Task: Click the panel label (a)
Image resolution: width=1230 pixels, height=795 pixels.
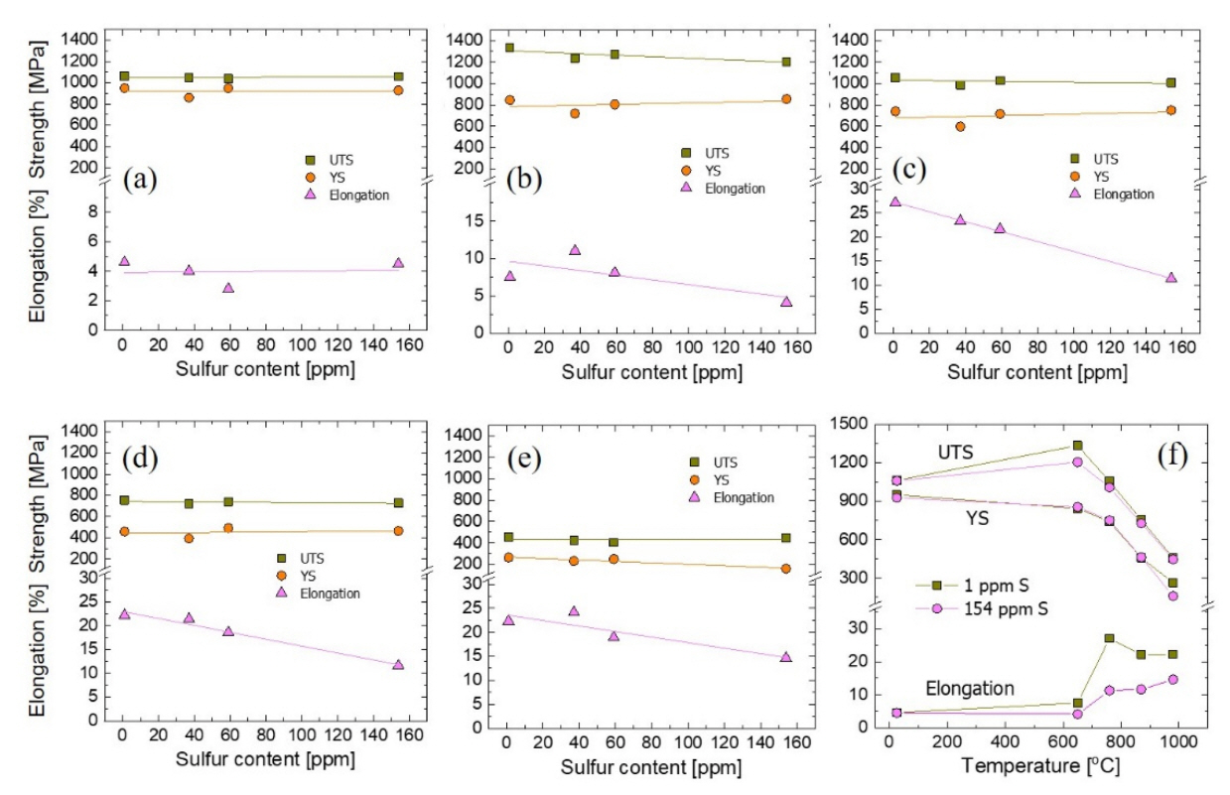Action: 141,180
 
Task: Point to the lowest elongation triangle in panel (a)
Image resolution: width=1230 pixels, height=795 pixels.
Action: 228,288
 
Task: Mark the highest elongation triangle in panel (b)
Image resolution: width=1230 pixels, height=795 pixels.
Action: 575,250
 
